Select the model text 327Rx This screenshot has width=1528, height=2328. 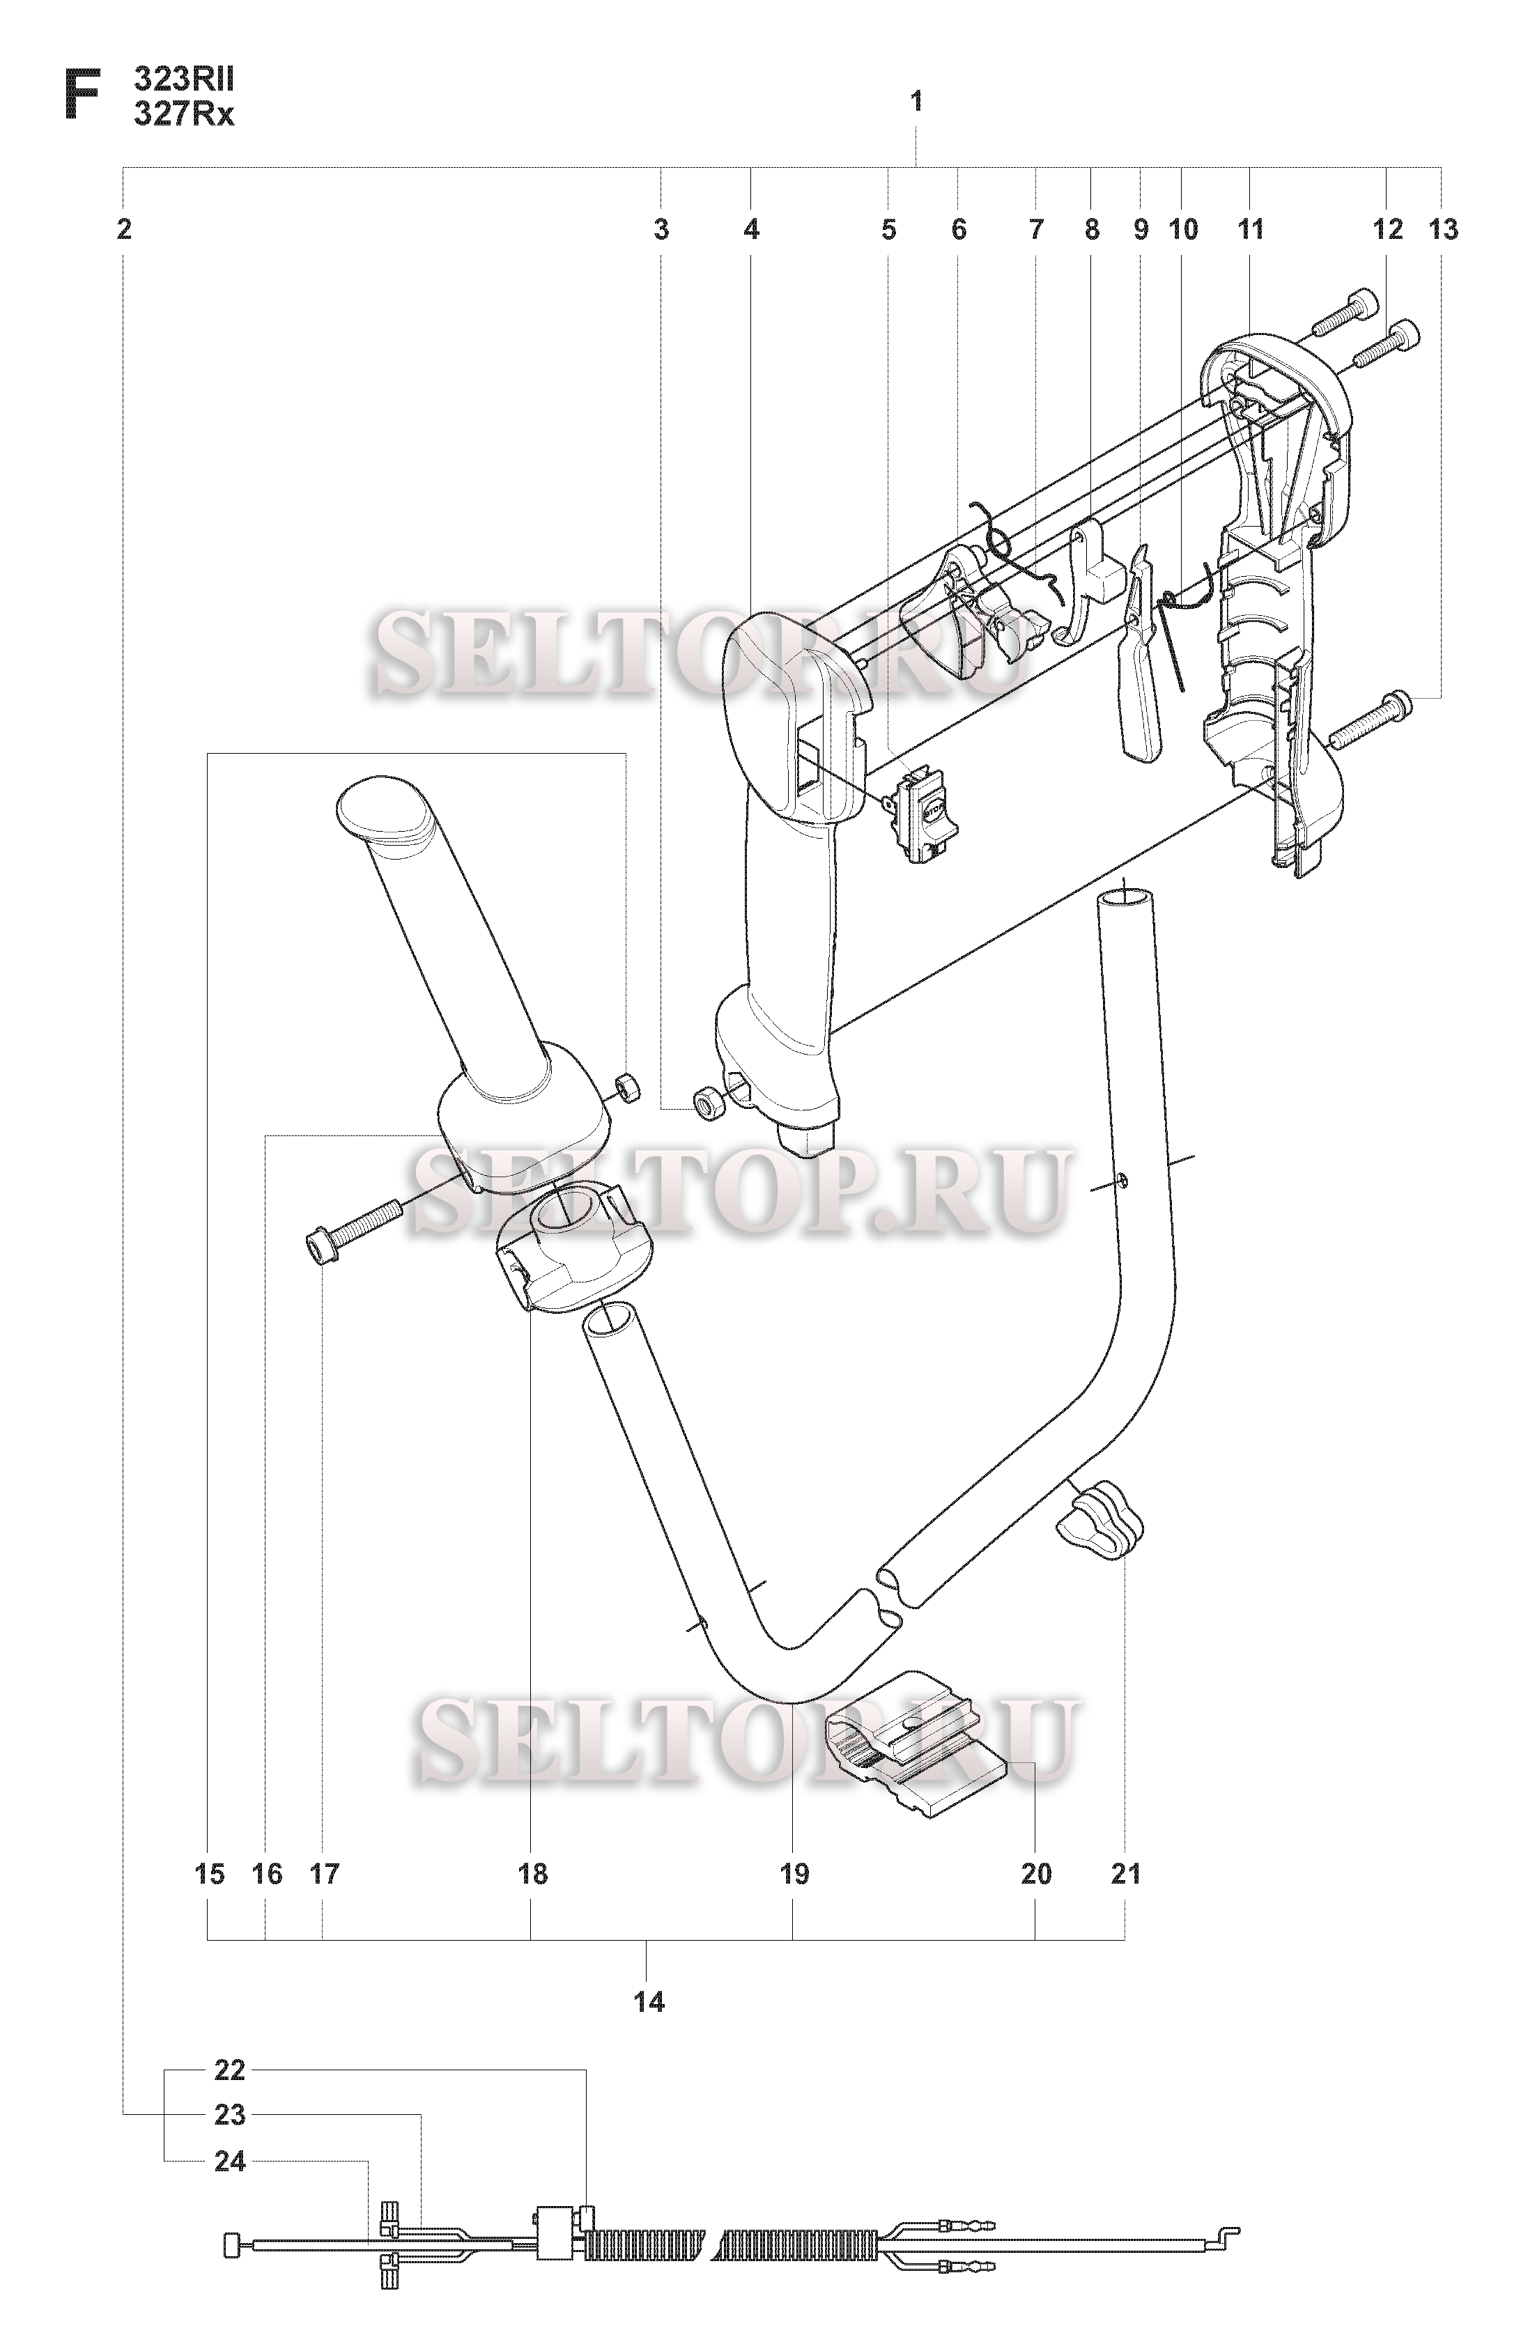[x=184, y=114]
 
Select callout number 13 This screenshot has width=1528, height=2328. [x=1443, y=230]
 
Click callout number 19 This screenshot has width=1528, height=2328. [x=794, y=1874]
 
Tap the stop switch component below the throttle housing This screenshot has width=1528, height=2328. [x=922, y=815]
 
